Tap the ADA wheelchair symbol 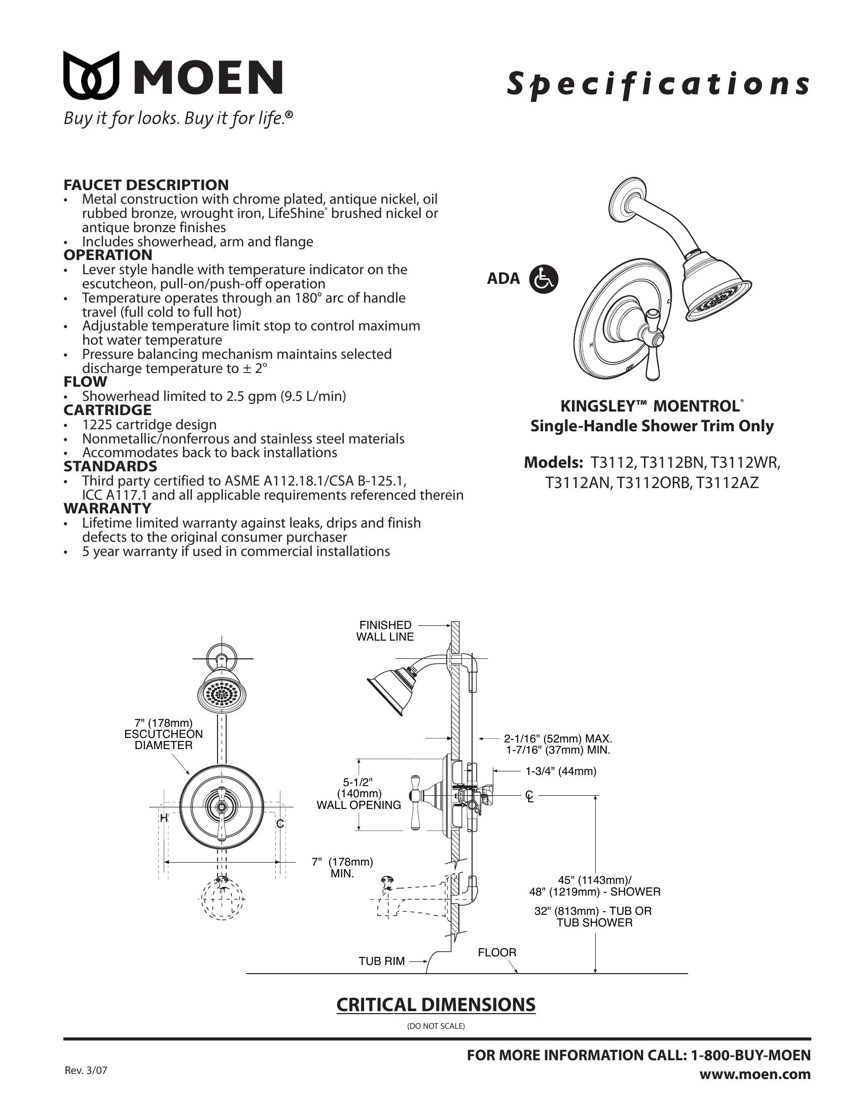pos(544,279)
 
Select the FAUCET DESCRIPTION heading pos(146,185)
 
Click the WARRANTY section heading pos(107,508)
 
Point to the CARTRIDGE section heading pos(107,410)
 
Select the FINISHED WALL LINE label pos(385,630)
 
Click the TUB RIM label pos(381,961)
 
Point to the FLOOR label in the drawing pos(497,952)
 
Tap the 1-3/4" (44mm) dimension pos(561,771)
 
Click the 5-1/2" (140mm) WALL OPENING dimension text pos(358,794)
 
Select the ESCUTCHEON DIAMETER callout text pos(163,734)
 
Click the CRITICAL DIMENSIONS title pos(436,1004)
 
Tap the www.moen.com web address pos(755,1074)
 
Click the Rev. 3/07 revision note pos(86,1070)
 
